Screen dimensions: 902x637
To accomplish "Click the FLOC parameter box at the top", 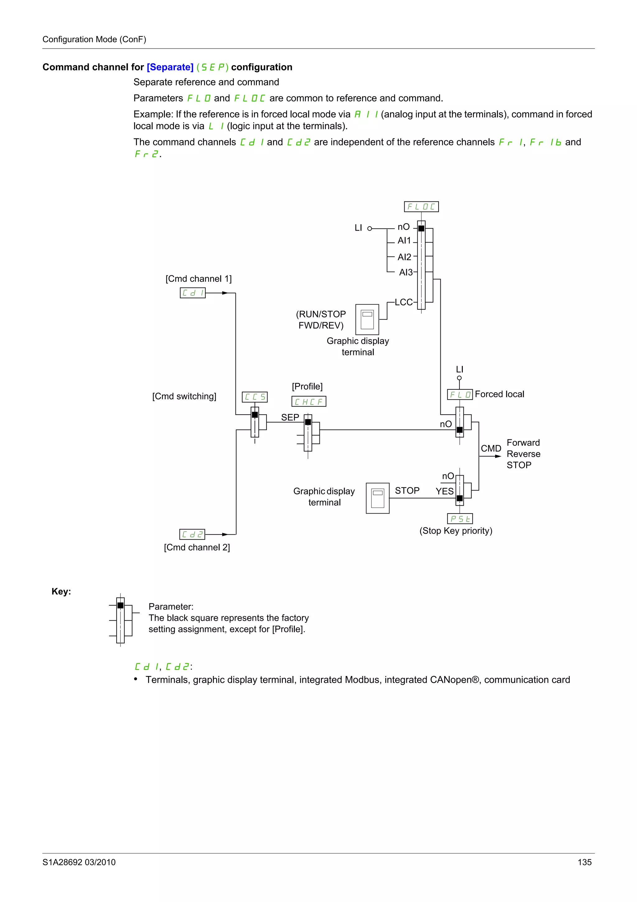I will tap(421, 207).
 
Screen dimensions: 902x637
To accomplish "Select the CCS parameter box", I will tap(255, 397).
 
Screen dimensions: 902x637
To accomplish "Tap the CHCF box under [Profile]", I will tap(309, 402).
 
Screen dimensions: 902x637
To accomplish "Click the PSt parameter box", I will tap(460, 519).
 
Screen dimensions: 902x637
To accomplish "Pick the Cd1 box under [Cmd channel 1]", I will tap(192, 293).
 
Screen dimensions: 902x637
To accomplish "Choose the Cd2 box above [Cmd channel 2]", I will tap(192, 534).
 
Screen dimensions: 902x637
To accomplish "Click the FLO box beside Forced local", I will tap(460, 394).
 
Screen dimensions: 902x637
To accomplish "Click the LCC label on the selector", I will tap(403, 302).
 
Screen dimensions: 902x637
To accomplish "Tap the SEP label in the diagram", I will tap(290, 417).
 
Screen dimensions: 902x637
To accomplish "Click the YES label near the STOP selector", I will tap(444, 491).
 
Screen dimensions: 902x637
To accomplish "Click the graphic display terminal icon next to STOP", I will tap(378, 498).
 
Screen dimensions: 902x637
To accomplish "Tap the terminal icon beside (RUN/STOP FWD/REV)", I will tap(367, 319).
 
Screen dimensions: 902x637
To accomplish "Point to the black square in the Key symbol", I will tap(120, 605).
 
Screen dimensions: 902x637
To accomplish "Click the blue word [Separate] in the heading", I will tap(170, 67).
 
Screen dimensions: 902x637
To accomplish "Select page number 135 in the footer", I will tap(584, 862).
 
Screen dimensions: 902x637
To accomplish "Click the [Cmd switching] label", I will tap(184, 397).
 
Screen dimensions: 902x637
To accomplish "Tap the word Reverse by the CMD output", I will tap(523, 454).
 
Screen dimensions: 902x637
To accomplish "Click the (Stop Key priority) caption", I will tap(456, 531).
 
